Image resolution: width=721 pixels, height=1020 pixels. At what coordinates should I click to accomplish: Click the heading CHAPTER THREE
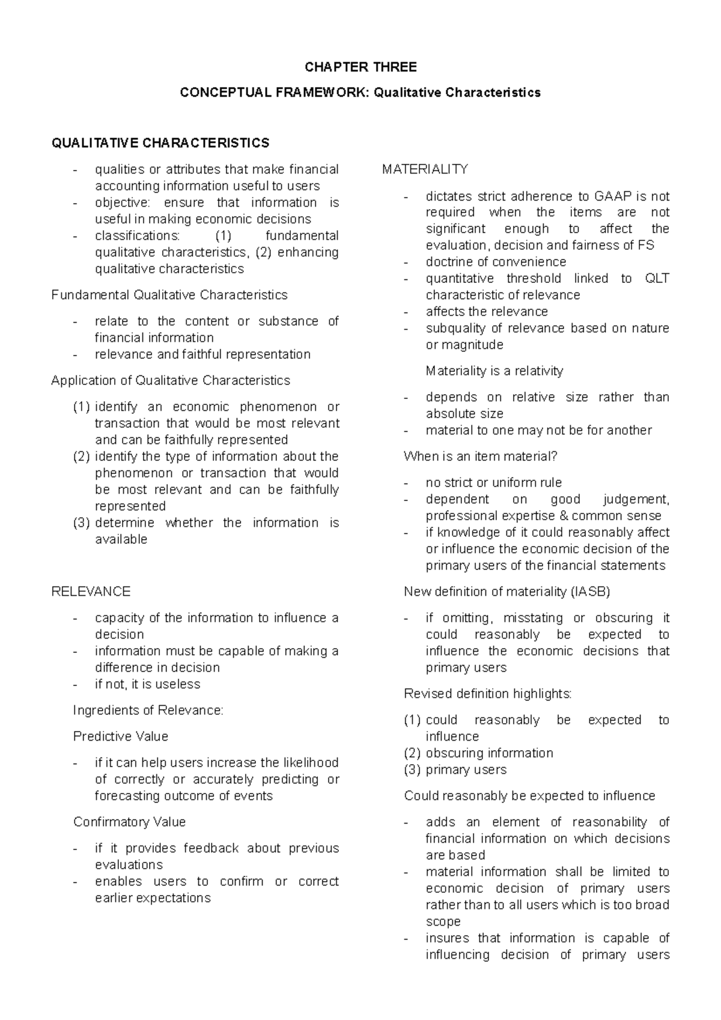tap(360, 67)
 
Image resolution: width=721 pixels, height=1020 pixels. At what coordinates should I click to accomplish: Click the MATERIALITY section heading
tap(425, 169)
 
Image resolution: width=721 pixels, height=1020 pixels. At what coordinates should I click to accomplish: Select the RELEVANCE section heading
tap(91, 592)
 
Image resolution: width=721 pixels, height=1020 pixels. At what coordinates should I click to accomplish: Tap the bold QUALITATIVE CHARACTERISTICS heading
tap(160, 143)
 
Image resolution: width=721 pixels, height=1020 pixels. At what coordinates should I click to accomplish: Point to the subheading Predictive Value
tap(120, 736)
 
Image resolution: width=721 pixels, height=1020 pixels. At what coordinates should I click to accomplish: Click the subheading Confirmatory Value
tap(129, 822)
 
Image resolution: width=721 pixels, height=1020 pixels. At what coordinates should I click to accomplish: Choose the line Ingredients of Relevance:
tap(148, 711)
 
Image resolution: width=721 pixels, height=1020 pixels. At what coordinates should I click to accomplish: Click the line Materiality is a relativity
tap(494, 371)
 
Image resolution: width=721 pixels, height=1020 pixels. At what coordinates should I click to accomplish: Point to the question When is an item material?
tap(481, 457)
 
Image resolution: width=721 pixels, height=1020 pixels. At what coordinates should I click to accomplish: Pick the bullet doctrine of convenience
tap(496, 262)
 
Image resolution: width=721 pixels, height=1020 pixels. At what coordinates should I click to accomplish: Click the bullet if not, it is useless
tap(147, 684)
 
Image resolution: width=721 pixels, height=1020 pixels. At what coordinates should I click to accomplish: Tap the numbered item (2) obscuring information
tap(478, 753)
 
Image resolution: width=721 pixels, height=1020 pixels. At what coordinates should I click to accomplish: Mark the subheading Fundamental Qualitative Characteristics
tap(169, 295)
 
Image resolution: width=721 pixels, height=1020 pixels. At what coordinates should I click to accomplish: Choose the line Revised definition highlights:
tap(487, 694)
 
